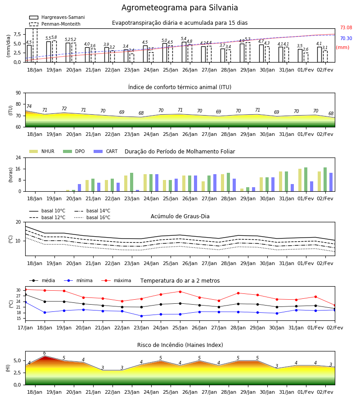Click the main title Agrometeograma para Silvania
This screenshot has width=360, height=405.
pos(180,8)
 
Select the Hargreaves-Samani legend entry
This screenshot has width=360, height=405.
pos(57,17)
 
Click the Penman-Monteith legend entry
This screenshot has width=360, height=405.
pos(55,24)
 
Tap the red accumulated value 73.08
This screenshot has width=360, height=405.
pos(346,27)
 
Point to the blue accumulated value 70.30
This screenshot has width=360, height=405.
pos(346,39)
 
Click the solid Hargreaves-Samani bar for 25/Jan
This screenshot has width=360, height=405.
pos(165,53)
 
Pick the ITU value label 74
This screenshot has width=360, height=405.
pos(29,106)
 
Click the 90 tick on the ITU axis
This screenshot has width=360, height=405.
pos(18,93)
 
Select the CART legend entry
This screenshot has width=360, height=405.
pos(105,151)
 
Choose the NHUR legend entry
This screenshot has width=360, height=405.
pos(42,151)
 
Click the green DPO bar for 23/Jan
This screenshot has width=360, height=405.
pos(132,182)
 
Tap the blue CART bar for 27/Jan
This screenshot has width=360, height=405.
pos(215,183)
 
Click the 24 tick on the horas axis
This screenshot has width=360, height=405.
pos(18,157)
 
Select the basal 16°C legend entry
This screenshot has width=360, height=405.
pos(92,217)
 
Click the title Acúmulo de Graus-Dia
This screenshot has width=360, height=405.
pos(180,216)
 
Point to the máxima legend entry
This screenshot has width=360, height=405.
pos(116,280)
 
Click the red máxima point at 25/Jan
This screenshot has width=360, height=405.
pos(180,292)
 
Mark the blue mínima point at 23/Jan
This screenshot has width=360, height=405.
pos(141,316)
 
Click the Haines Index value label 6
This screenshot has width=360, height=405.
pos(45,353)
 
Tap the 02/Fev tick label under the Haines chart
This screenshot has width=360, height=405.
pos(325,392)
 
